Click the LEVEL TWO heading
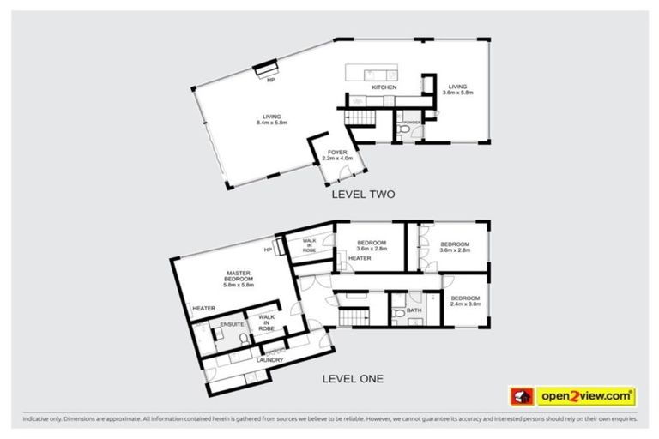click(x=363, y=195)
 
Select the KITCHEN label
click(x=383, y=88)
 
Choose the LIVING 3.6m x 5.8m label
click(x=458, y=89)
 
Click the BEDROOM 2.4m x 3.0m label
click(x=466, y=301)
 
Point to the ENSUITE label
click(x=232, y=325)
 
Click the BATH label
click(x=414, y=310)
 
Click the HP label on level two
click(x=270, y=80)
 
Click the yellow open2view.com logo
click(x=586, y=396)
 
